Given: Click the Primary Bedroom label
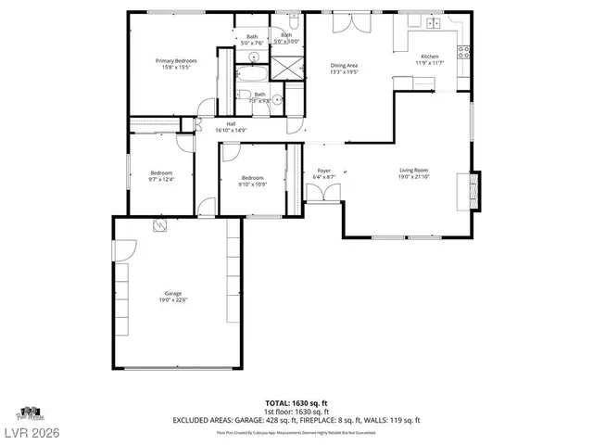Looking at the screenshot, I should click(175, 60).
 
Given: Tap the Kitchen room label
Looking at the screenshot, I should click(431, 57).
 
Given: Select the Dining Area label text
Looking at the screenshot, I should click(344, 65).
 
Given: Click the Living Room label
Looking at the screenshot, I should click(413, 171).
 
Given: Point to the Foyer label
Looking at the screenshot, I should click(323, 171).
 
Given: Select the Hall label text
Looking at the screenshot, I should click(232, 124).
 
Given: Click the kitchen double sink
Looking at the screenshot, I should click(434, 23).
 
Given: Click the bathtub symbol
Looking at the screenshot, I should click(252, 72).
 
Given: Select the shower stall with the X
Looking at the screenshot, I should click(292, 68).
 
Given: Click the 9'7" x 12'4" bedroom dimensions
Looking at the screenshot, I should click(162, 180).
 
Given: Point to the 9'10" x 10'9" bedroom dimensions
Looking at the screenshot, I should click(253, 184).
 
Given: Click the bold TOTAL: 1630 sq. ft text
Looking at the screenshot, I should click(296, 403).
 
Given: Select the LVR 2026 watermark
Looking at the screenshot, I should click(32, 433).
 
